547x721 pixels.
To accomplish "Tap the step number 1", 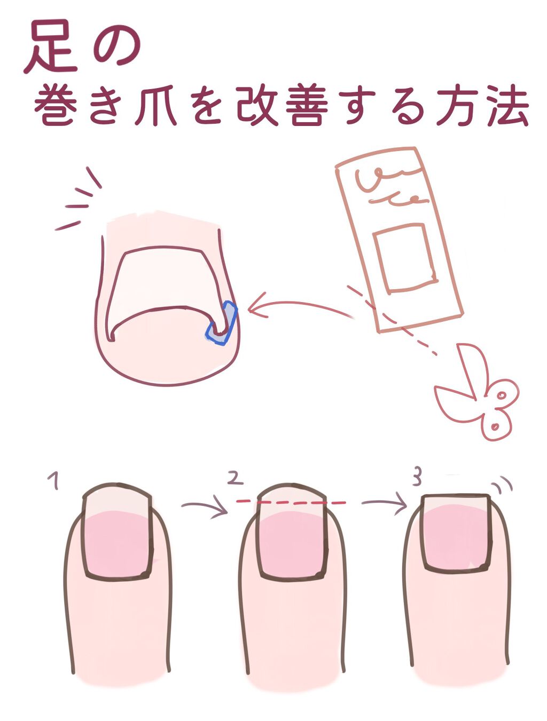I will (53, 480).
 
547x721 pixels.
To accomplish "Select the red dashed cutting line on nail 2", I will (291, 502).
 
